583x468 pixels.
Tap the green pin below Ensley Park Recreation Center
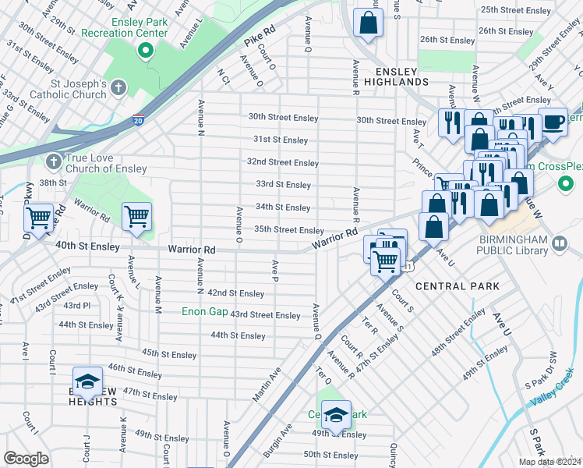pos(145,52)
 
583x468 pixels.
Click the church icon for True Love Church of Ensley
pos(53,161)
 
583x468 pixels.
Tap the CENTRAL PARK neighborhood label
pos(458,286)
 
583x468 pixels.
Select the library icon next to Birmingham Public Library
pos(559,244)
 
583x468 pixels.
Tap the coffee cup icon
pos(553,122)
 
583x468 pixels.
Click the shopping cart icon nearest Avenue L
pos(136,216)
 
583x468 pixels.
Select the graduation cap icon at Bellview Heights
pos(87,381)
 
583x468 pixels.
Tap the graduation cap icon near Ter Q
pos(336,414)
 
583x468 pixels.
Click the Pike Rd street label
pos(260,38)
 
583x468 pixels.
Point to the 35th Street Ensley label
pos(289,230)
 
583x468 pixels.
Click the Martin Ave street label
pos(267,385)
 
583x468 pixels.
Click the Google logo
pos(26,459)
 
